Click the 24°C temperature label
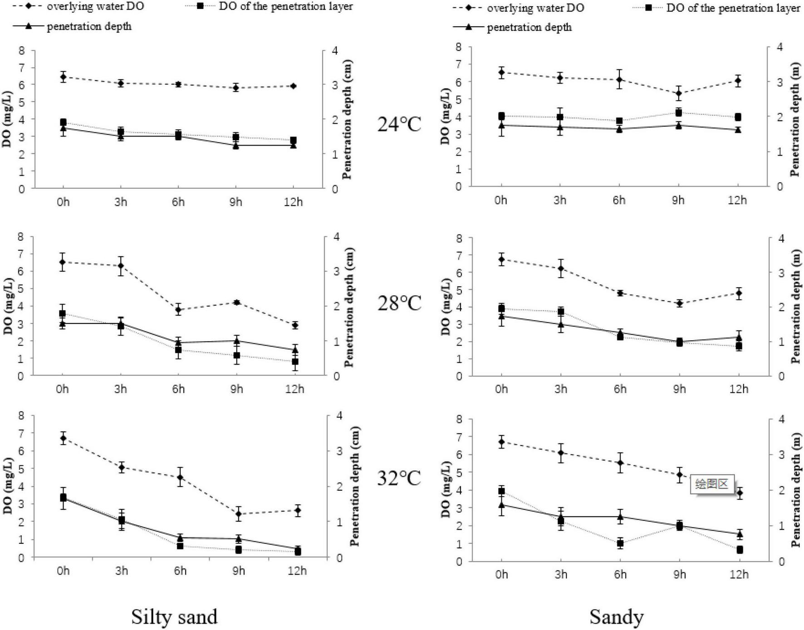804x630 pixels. pos(399,124)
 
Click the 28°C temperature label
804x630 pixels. pos(399,303)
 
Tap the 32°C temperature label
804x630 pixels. pos(399,478)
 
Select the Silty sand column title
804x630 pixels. pos(174,617)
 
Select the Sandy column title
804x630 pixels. pos(616,617)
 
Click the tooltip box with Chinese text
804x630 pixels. pos(711,484)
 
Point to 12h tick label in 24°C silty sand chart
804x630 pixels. pos(293,202)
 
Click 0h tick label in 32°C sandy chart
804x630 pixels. pos(501,574)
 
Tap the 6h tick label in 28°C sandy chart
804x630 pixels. pos(620,389)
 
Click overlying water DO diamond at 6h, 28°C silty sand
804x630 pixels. pos(178,310)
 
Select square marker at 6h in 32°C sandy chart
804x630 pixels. pos(620,543)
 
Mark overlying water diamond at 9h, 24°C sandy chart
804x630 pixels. pos(679,94)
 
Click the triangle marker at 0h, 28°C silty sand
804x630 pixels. pos(63,323)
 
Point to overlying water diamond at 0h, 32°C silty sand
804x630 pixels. pos(63,438)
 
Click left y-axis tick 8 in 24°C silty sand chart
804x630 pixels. pos(22,50)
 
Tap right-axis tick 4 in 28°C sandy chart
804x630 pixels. pos(781,238)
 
